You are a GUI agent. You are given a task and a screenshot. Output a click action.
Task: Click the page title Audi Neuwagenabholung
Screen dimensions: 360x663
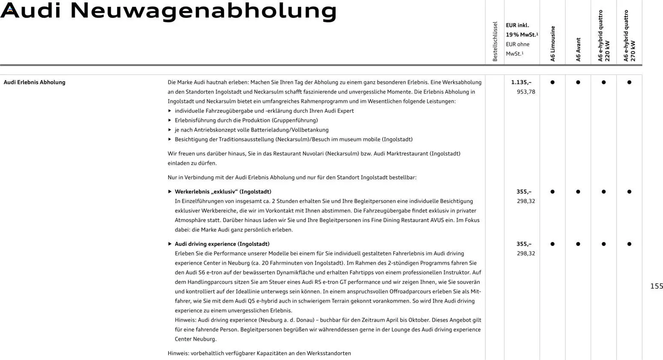click(168, 11)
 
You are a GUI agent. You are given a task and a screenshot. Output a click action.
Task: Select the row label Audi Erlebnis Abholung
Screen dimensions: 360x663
click(34, 82)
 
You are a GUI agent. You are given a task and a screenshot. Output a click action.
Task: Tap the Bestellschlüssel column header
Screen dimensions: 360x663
click(495, 41)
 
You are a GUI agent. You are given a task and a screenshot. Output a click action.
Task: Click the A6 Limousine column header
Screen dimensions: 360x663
click(553, 44)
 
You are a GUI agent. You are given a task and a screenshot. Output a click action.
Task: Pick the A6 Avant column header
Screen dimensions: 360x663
click(578, 50)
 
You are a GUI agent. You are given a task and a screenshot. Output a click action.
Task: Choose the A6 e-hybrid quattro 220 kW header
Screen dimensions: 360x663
click(604, 36)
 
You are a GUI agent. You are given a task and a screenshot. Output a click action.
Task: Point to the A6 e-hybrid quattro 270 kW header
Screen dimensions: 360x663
click(629, 36)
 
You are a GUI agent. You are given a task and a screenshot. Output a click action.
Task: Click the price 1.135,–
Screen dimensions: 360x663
click(521, 82)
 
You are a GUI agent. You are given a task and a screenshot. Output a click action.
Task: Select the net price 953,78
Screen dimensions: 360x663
click(526, 92)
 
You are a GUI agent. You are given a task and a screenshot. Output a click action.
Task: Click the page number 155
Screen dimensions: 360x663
click(656, 286)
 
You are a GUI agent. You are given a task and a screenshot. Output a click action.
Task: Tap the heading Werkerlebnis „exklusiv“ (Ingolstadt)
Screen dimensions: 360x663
click(223, 192)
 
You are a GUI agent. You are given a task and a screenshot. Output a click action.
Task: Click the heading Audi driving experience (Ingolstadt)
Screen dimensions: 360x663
click(222, 244)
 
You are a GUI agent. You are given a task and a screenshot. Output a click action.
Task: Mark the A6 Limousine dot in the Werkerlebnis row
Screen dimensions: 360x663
click(552, 192)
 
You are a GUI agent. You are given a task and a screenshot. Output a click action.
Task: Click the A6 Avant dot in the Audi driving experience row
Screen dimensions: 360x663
click(578, 244)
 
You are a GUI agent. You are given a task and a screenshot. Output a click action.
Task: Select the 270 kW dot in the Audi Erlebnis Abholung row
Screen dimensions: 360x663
click(629, 82)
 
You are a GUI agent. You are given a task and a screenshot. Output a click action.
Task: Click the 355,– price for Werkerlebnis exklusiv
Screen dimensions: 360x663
click(524, 192)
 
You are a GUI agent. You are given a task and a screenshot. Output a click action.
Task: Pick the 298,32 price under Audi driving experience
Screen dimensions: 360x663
click(526, 254)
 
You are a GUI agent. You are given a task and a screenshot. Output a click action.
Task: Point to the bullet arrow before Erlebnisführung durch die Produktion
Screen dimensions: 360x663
click(170, 121)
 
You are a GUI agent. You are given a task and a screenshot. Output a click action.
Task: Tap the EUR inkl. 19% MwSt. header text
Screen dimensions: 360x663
click(521, 30)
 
